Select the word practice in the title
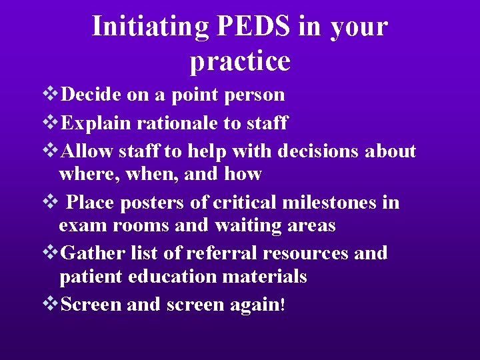[x=240, y=61]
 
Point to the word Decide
[x=91, y=95]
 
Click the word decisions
[x=318, y=151]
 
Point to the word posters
[x=137, y=202]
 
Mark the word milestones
[x=327, y=202]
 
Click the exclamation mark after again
[x=283, y=305]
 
